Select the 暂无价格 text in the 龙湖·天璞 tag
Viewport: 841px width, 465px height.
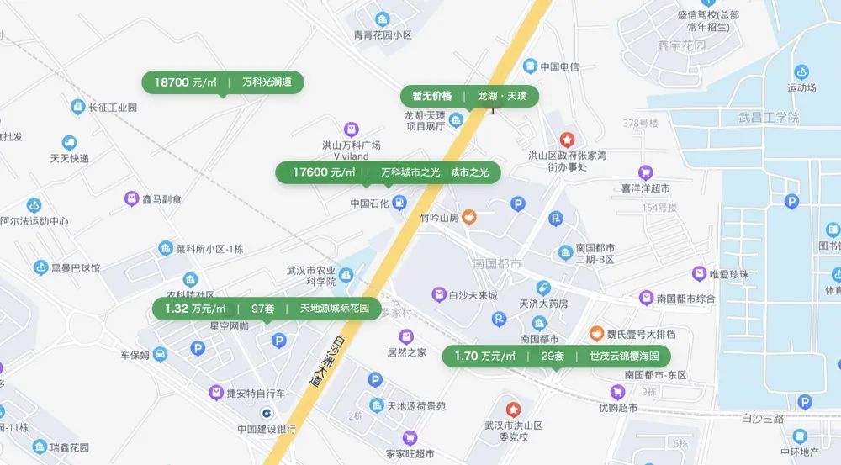(431, 96)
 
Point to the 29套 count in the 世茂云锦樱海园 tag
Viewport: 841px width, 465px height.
(552, 356)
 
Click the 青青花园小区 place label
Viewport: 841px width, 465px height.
(383, 35)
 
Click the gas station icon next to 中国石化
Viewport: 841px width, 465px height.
(399, 203)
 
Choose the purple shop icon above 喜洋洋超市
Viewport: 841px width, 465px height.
(645, 172)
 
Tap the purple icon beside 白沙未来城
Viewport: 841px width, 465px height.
(437, 295)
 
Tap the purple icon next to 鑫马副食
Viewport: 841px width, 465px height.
(130, 199)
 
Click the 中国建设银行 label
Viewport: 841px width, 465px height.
(266, 428)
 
